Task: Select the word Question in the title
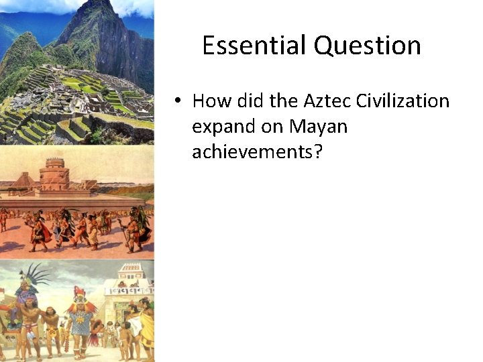(367, 46)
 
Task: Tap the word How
(211, 101)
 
